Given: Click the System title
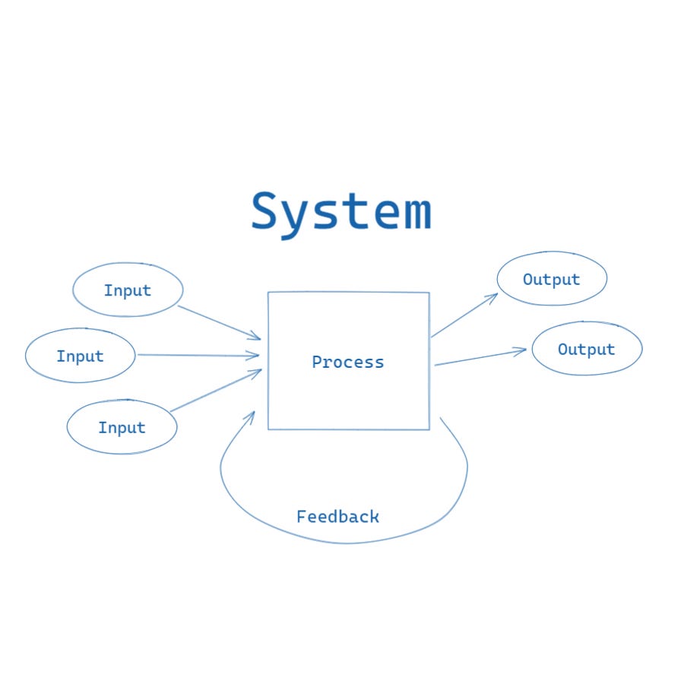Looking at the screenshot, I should click(x=341, y=212).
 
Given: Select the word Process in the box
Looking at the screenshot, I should click(x=348, y=362).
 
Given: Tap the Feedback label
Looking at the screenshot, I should click(x=337, y=517).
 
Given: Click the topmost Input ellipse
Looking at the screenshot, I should click(x=128, y=290).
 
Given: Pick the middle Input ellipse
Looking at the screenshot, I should click(x=80, y=356).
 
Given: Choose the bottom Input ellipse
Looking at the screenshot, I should click(x=122, y=428).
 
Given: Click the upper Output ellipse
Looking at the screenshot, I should click(x=552, y=279).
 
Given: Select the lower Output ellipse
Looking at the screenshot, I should click(x=587, y=350).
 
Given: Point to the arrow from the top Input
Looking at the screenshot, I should click(x=219, y=322).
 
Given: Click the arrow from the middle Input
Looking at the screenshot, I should click(x=198, y=355).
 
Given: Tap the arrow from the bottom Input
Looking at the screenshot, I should click(x=216, y=391).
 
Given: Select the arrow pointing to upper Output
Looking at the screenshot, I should click(x=464, y=315).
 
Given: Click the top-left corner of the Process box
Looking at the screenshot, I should click(x=268, y=293).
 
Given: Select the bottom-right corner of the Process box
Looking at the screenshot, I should click(x=429, y=429).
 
